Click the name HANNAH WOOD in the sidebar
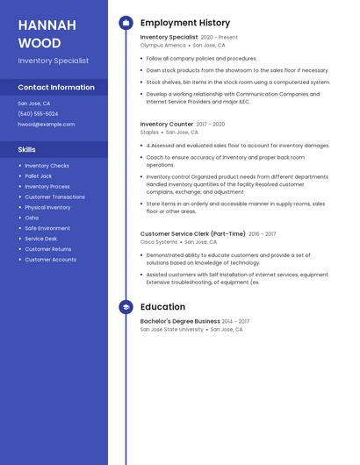(x=40, y=33)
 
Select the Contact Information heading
(x=56, y=88)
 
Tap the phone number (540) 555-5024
(x=38, y=114)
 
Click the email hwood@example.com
(x=47, y=125)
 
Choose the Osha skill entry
(x=32, y=218)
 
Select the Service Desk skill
(x=40, y=239)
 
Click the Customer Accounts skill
(x=50, y=260)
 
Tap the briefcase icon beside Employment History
(x=126, y=23)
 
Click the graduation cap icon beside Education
(x=126, y=307)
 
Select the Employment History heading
(x=185, y=23)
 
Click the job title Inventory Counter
(x=167, y=125)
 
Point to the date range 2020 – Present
(x=220, y=38)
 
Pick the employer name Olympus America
(x=163, y=46)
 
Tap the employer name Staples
(x=150, y=132)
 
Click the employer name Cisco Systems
(x=159, y=242)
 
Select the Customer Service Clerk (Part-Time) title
(x=193, y=234)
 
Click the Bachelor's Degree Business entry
(x=180, y=321)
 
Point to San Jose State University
(x=172, y=329)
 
